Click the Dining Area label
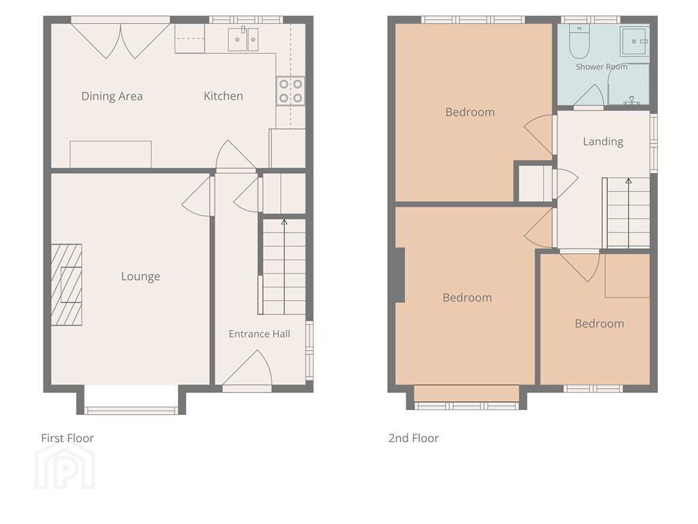point(112,96)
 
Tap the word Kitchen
point(223,96)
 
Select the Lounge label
point(140,276)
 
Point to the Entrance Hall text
point(259,334)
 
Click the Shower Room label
point(601,67)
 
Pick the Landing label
point(603,142)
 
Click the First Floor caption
point(67,438)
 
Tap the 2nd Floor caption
point(413,438)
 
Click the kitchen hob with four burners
point(290,91)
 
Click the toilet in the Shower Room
point(579,42)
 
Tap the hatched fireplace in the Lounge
point(66,285)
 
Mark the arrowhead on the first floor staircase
point(284,222)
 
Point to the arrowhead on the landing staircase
point(628,181)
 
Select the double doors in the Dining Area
point(121,41)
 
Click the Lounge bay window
point(131,410)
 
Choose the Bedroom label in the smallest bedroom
point(599,323)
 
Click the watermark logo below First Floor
point(65,467)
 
